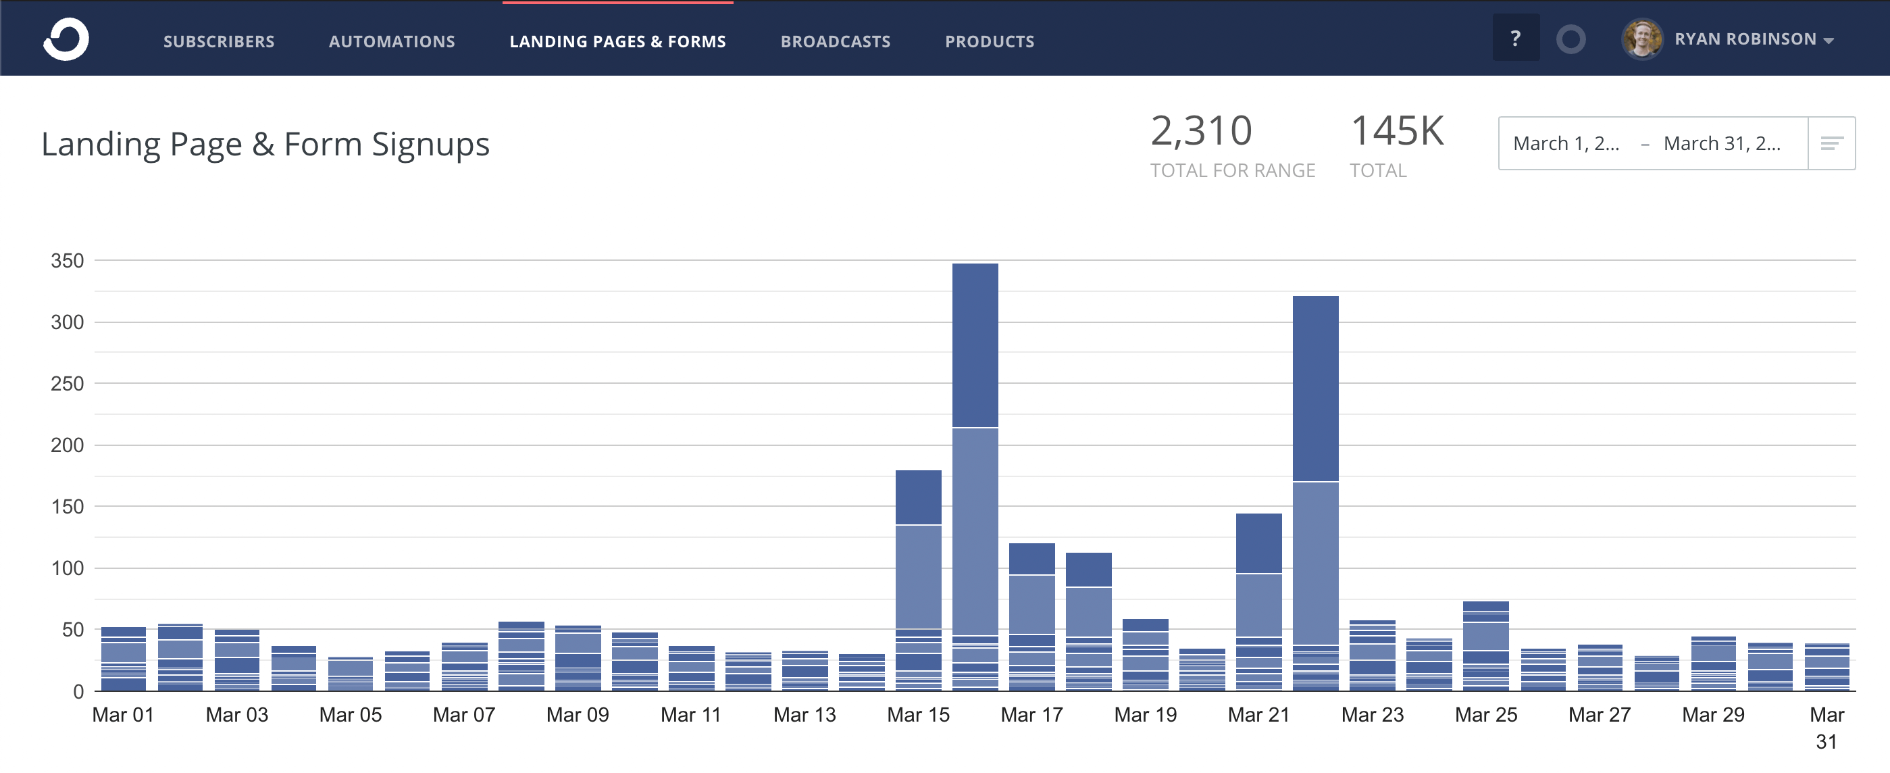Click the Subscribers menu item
point(219,41)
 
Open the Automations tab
point(392,41)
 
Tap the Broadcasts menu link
point(835,41)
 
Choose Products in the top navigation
point(989,41)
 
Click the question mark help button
point(1515,38)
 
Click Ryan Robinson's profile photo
point(1641,39)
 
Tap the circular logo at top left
point(66,39)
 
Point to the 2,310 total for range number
point(1200,131)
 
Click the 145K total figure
point(1396,131)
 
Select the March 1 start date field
point(1566,144)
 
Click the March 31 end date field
point(1721,144)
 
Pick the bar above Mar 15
point(918,580)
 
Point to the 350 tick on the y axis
point(67,261)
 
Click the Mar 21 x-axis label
point(1258,714)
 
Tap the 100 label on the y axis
point(67,568)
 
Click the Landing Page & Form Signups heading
point(265,144)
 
